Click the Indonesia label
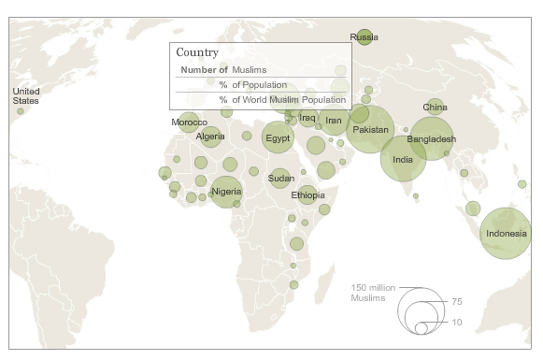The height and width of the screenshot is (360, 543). pos(506,233)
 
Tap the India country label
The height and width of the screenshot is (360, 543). pos(403,159)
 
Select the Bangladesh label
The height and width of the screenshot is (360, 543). pos(431,139)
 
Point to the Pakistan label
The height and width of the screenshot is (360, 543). pos(371,129)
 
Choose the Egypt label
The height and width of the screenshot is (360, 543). pos(278,138)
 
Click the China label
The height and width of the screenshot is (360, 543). pos(435,108)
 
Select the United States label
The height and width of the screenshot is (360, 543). pos(25,94)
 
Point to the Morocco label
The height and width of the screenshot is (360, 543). pos(189,122)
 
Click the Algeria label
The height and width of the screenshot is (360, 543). pos(210,137)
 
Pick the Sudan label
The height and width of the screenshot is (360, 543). pos(281,178)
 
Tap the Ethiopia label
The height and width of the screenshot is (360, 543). pos(307,194)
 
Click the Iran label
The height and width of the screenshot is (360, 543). pos(334,120)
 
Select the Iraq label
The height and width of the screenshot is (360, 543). pos(307,117)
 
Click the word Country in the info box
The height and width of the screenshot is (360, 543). pos(197,53)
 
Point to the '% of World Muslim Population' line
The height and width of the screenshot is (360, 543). pos(282,99)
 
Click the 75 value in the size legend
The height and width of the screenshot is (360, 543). pos(457,301)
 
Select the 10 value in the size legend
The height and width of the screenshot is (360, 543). pos(457,322)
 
